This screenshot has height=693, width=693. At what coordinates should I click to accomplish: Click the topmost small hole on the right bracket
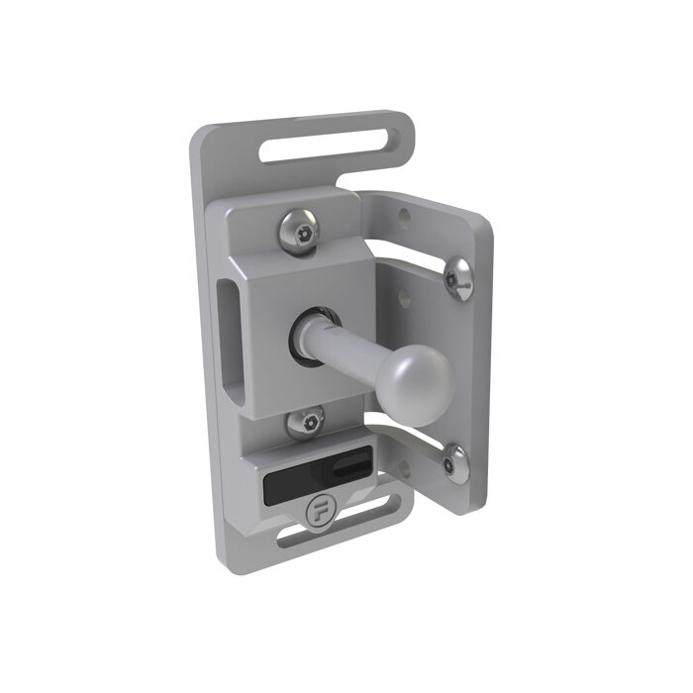403,213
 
